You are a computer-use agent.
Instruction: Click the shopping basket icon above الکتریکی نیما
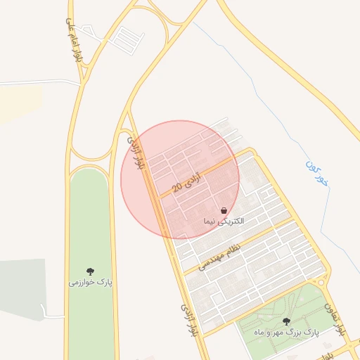(224, 210)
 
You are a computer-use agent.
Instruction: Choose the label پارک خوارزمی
(90, 282)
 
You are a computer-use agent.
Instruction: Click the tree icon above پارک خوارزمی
(90, 271)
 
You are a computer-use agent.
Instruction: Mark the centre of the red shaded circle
(180, 180)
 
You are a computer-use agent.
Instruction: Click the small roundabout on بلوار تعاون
(322, 282)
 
